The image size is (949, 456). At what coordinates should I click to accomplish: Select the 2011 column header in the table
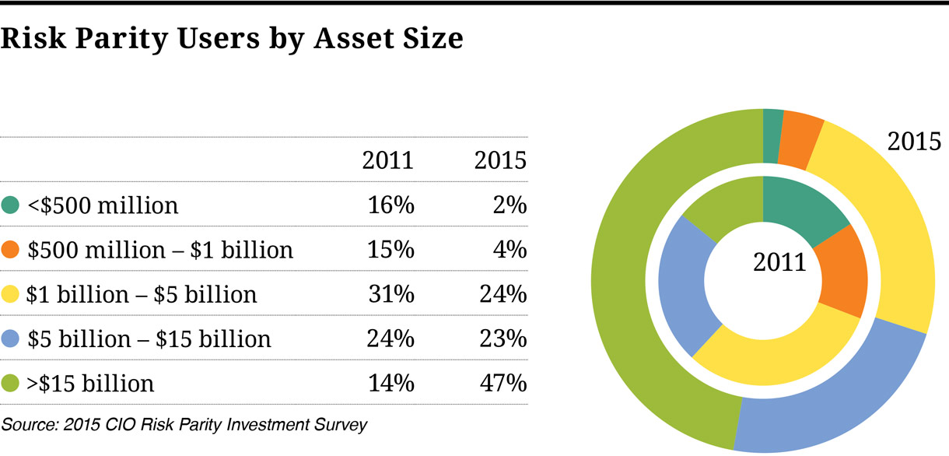tap(387, 160)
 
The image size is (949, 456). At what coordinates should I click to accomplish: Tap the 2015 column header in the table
tap(500, 160)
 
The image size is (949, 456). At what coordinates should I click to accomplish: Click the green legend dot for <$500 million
tap(11, 205)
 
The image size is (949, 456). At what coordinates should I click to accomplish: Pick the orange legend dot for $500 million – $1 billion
tap(11, 250)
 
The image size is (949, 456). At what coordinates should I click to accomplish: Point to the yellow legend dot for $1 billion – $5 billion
tap(11, 295)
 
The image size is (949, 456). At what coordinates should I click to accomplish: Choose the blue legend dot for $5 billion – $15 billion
tap(11, 339)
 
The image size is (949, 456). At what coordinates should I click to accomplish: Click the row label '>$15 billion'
tap(90, 384)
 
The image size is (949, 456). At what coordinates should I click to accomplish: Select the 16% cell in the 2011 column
tap(391, 205)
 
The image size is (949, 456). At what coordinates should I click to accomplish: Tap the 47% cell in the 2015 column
tap(503, 384)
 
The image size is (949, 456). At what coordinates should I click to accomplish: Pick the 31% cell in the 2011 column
tap(391, 295)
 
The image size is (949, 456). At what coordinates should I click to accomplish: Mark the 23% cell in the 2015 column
tap(503, 339)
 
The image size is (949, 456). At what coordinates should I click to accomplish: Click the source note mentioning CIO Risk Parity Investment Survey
tap(184, 425)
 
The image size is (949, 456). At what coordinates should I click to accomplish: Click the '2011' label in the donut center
tap(779, 262)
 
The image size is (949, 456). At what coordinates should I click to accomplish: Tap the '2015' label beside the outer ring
tap(915, 142)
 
